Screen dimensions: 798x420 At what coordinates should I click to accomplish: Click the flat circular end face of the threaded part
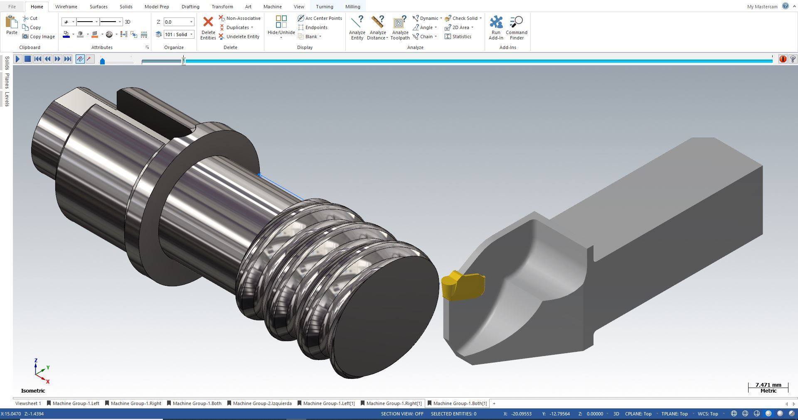384,317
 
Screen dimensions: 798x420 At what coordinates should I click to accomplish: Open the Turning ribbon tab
324,7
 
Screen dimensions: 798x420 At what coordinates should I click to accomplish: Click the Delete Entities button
208,28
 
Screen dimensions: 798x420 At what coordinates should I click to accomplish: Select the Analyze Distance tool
377,28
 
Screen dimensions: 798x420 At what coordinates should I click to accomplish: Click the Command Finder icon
516,28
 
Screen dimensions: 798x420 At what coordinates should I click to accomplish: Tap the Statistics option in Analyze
458,37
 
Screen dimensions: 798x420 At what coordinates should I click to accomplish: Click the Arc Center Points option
320,18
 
